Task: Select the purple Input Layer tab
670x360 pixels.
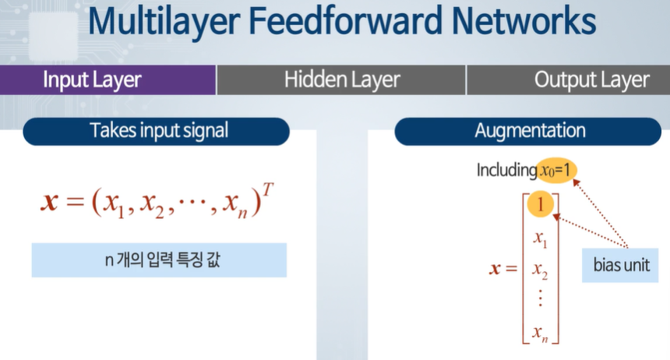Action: pyautogui.click(x=108, y=79)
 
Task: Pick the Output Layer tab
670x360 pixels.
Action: pyautogui.click(x=591, y=79)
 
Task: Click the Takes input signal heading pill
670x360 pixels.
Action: pyautogui.click(x=159, y=130)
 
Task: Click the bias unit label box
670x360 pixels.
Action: pyautogui.click(x=615, y=266)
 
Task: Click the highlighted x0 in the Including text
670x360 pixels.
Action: pyautogui.click(x=548, y=169)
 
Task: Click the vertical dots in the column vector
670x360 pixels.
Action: pyautogui.click(x=540, y=300)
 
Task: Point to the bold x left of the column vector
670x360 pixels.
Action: pyautogui.click(x=494, y=270)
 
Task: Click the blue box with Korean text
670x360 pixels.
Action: pyautogui.click(x=159, y=260)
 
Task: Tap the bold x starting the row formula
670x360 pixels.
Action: pyautogui.click(x=51, y=204)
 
